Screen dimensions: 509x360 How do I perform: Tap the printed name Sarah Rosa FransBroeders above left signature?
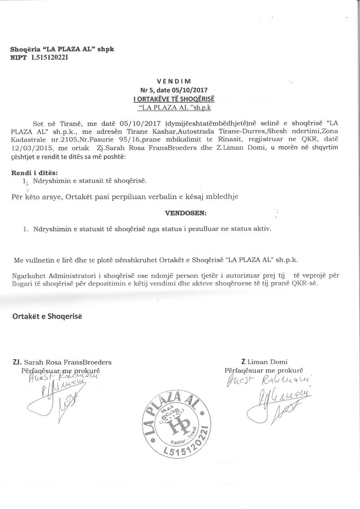click(x=68, y=362)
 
